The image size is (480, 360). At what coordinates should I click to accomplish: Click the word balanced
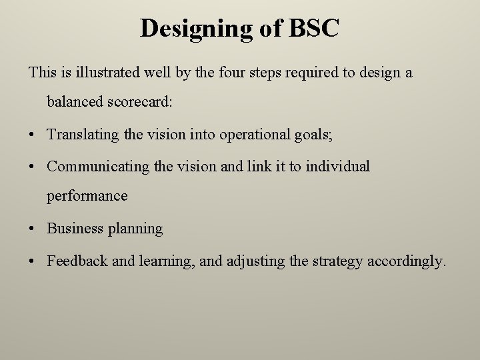pos(75,102)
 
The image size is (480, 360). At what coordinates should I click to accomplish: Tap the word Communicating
pos(99,166)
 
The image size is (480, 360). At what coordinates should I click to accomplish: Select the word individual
pos(337,166)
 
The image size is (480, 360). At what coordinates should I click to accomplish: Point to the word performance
pos(87,197)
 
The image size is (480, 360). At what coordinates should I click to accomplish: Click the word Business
pos(75,228)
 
